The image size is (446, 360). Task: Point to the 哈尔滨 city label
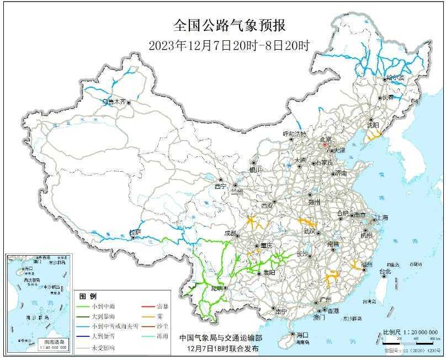[x=395, y=78]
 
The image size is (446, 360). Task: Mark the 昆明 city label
[x=217, y=288]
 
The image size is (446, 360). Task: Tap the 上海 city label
[x=381, y=218]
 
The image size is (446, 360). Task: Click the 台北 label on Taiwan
[x=384, y=272]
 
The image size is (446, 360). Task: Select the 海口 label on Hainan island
[x=301, y=335]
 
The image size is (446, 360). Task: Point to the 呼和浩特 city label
[x=294, y=134]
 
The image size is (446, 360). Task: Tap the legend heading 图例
[x=88, y=296]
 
